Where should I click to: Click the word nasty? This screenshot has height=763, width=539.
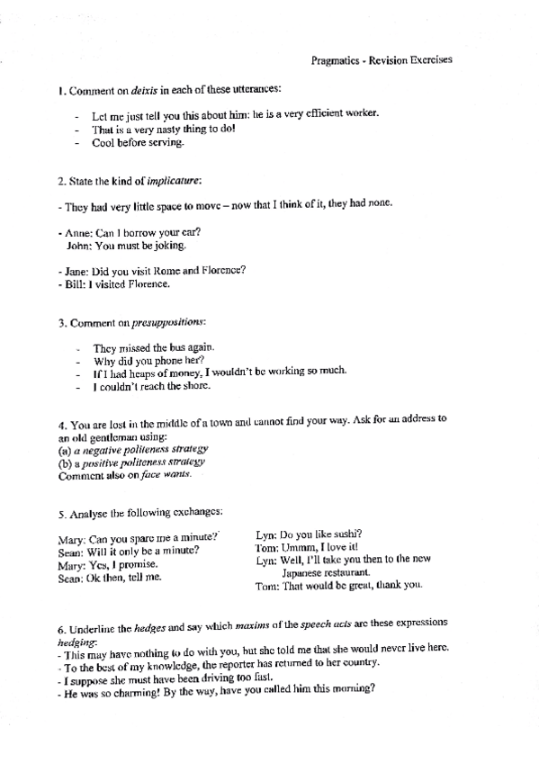(x=150, y=129)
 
